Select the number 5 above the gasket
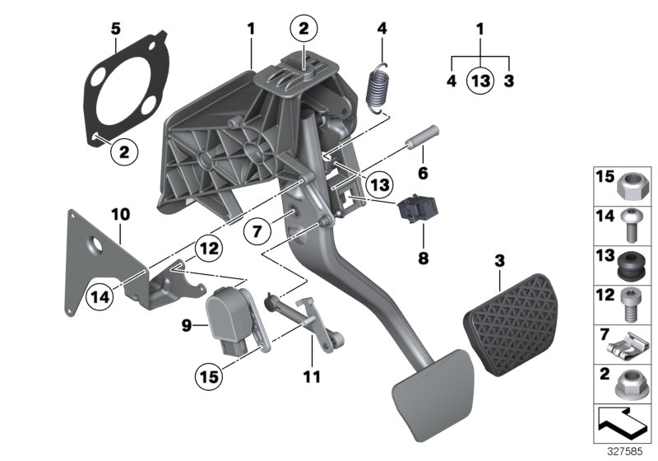point(115,29)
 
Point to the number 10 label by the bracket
point(120,215)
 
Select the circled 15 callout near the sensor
point(208,378)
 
